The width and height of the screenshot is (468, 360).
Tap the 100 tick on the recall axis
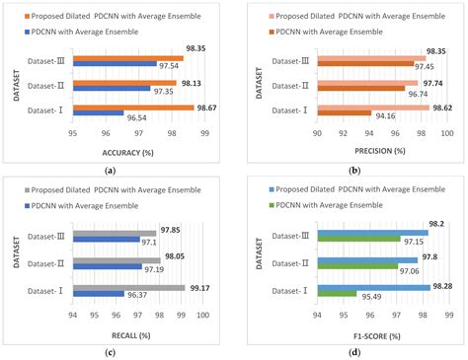point(202,315)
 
